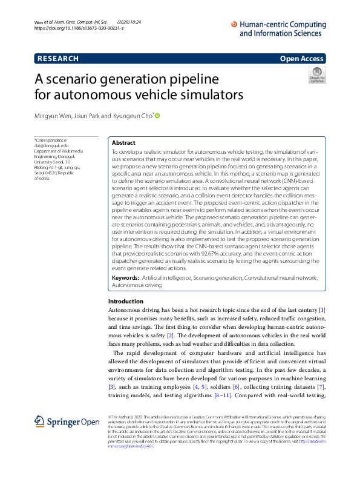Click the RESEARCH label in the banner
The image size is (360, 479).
coord(57,59)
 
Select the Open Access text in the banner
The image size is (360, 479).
coord(301,59)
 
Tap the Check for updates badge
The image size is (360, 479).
coord(317,75)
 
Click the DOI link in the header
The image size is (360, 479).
coord(79,28)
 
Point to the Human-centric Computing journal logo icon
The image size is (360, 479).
coord(235,25)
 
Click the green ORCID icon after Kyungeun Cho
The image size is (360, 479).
coord(159,115)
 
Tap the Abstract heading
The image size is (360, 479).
coord(124,142)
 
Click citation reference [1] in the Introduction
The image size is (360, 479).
coord(322,311)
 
